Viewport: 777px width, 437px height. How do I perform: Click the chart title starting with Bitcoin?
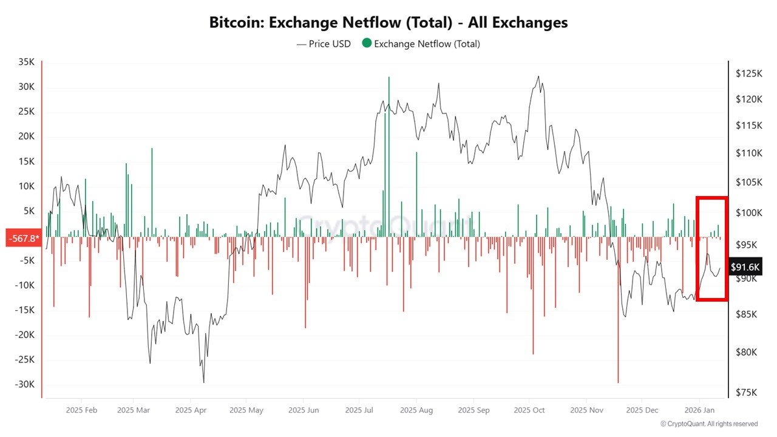click(388, 23)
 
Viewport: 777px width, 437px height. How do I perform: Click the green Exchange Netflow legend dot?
click(366, 44)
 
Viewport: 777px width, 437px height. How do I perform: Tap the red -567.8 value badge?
click(22, 238)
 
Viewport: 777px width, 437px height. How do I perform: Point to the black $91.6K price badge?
click(745, 266)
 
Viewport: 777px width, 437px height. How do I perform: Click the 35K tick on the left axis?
click(27, 62)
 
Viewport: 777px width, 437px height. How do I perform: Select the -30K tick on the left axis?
click(25, 384)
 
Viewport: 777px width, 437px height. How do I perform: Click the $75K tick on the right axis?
click(746, 392)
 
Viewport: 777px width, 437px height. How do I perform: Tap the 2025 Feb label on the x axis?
click(81, 410)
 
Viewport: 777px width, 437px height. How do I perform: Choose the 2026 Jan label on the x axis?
click(698, 410)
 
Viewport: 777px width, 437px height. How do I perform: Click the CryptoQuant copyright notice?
click(709, 424)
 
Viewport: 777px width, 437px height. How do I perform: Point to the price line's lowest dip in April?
click(203, 382)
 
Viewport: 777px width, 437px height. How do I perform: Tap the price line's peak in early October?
click(538, 76)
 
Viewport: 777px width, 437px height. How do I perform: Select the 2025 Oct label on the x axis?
click(529, 410)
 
